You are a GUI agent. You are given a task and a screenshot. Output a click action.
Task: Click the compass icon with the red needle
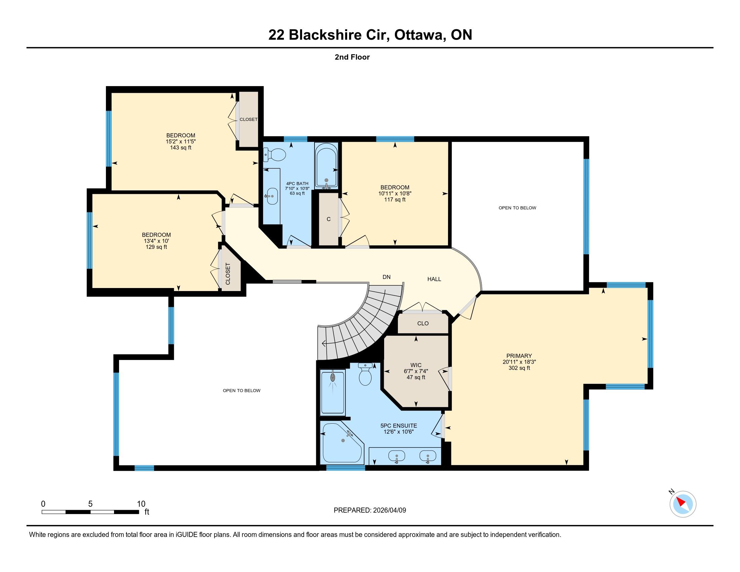point(683,504)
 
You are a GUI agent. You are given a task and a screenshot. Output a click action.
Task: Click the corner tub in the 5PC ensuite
point(342,442)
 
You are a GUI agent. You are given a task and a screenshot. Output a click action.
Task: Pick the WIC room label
point(416,365)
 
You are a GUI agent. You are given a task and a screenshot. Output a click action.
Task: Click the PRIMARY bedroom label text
point(519,356)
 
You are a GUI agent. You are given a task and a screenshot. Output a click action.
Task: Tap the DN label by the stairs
point(386,277)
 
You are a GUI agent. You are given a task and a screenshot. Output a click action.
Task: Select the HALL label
point(434,279)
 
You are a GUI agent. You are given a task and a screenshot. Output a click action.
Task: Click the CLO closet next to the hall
point(423,323)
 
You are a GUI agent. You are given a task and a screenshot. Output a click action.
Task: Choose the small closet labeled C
point(329,219)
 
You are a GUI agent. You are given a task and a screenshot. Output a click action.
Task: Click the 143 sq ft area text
point(181,147)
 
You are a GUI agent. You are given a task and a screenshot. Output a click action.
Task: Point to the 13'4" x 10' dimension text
point(156,241)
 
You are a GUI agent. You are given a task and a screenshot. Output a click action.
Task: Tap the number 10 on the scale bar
point(141,504)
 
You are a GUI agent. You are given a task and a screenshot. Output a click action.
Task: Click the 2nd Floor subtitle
point(352,57)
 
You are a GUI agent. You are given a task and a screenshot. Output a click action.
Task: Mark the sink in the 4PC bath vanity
point(272,196)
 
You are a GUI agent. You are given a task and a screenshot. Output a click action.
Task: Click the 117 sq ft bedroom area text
point(395,200)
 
